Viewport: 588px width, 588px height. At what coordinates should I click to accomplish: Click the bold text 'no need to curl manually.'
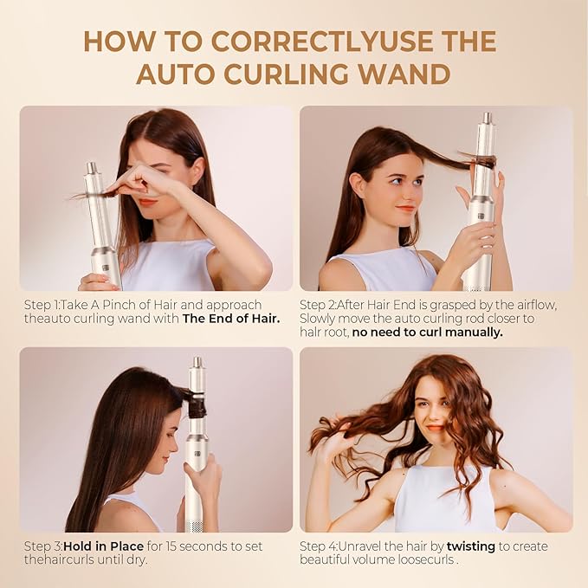(x=427, y=332)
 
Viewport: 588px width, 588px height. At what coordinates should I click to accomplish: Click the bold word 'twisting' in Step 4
(x=476, y=546)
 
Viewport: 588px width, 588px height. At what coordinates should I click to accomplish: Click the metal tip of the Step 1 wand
(x=91, y=167)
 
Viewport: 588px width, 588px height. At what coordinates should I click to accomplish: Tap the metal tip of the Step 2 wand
(x=487, y=118)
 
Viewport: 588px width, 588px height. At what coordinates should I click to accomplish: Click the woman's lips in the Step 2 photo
(x=405, y=208)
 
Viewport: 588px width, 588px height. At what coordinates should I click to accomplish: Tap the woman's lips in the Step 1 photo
(x=148, y=202)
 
